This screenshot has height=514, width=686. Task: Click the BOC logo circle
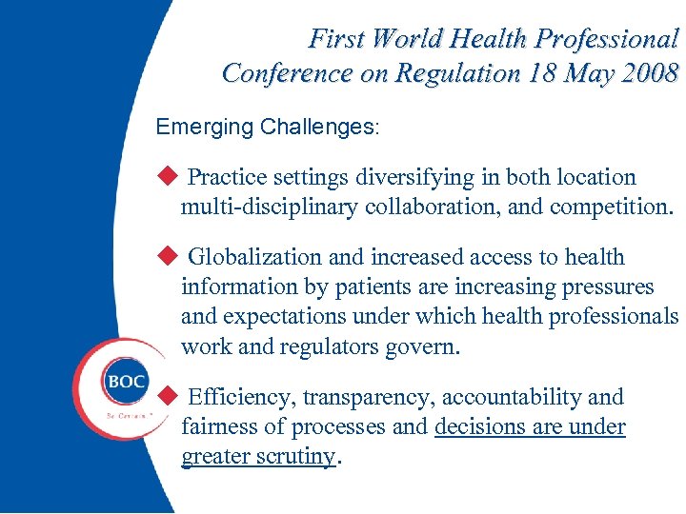pyautogui.click(x=125, y=381)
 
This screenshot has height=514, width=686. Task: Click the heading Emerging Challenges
pyautogui.click(x=266, y=127)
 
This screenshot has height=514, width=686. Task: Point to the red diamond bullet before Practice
pyautogui.click(x=168, y=176)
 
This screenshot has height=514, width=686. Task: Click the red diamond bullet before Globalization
pyautogui.click(x=168, y=256)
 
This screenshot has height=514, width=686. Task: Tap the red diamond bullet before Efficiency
pyautogui.click(x=168, y=396)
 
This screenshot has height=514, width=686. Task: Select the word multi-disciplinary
pyautogui.click(x=270, y=208)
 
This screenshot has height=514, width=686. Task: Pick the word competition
pyautogui.click(x=611, y=208)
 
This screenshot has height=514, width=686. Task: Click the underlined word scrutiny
pyautogui.click(x=297, y=457)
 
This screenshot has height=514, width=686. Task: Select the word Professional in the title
pyautogui.click(x=606, y=39)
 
